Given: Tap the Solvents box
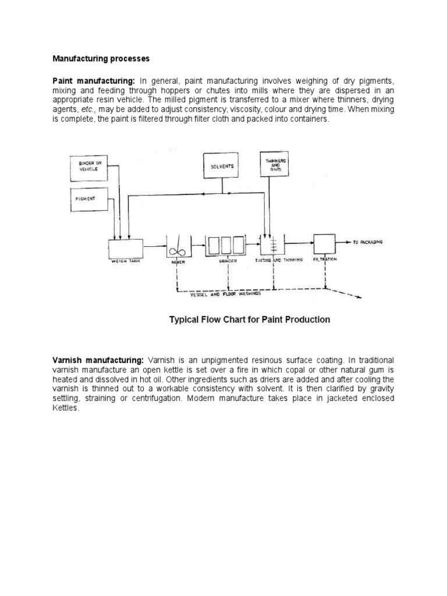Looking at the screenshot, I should click(x=223, y=166).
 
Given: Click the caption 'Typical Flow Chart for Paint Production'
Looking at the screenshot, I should click(x=249, y=320).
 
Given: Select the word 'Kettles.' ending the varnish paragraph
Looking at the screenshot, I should click(x=65, y=407).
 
